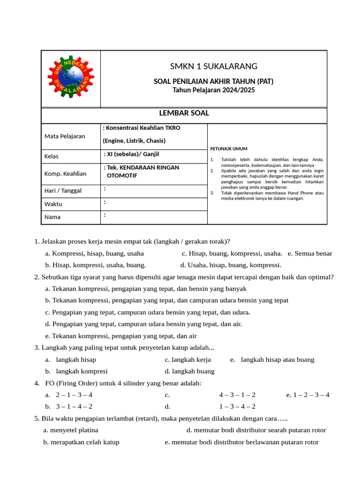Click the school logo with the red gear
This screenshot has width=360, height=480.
(x=71, y=79)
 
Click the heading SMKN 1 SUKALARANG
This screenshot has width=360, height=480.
(x=213, y=66)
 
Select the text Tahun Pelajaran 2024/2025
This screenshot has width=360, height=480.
(x=214, y=90)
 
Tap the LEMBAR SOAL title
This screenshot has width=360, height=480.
(x=184, y=113)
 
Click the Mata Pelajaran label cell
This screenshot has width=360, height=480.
(x=65, y=136)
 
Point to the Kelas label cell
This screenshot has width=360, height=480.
(x=52, y=156)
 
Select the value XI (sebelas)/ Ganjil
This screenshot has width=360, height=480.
(x=135, y=154)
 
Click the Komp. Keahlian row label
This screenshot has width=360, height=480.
(x=66, y=173)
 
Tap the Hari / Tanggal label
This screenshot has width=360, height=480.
(x=63, y=191)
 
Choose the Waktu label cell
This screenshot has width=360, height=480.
(x=53, y=204)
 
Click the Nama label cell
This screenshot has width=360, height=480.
(x=52, y=217)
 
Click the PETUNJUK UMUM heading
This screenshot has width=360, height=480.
(x=228, y=149)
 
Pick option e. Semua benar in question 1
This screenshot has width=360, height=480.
(x=310, y=254)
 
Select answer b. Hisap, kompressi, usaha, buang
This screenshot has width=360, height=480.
(x=96, y=265)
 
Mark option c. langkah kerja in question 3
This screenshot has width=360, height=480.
(x=187, y=360)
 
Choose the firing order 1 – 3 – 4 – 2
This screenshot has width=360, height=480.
(x=237, y=406)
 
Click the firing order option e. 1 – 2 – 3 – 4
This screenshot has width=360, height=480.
(x=307, y=395)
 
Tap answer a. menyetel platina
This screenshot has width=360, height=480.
(x=71, y=430)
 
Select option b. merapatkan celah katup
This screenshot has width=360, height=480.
(x=81, y=442)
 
